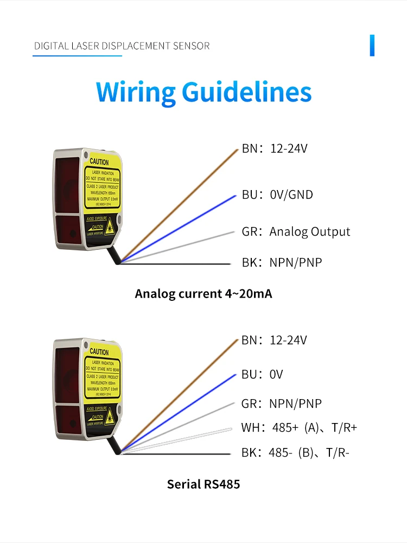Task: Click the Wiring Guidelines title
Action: (x=203, y=92)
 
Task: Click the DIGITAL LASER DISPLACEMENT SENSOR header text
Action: (x=122, y=46)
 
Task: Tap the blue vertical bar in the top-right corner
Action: (x=372, y=45)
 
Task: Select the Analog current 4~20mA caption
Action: (x=203, y=294)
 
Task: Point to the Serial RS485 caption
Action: (x=203, y=484)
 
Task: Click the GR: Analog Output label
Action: (x=296, y=232)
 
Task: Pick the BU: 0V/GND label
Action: (x=277, y=194)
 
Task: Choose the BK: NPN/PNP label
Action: (x=282, y=263)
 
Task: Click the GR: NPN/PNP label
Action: (x=281, y=403)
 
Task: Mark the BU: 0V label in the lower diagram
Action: (x=262, y=375)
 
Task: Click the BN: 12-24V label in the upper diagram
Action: (x=275, y=148)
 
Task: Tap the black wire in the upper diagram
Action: (x=179, y=263)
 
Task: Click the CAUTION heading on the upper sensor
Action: (x=99, y=162)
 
